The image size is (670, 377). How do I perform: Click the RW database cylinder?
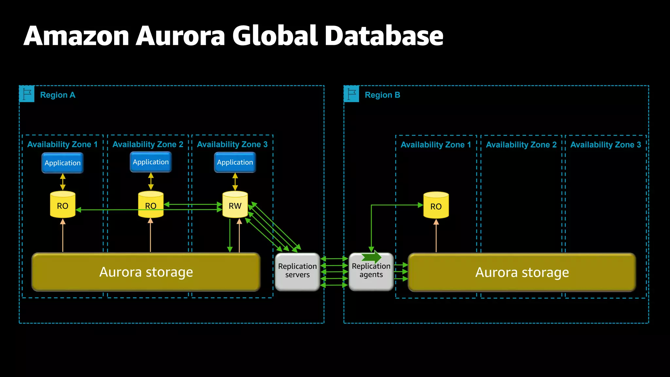point(235,205)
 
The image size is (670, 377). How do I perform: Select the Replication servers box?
point(297,271)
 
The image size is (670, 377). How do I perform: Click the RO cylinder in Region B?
point(436,206)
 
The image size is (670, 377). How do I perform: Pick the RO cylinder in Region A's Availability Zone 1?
point(62,205)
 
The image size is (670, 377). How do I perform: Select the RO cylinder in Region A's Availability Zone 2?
point(151,205)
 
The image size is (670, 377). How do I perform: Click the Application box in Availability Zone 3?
point(235,162)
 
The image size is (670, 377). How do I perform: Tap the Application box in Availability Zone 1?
point(62,163)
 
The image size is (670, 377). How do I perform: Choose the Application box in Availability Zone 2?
point(151,162)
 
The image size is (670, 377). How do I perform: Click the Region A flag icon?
point(27,94)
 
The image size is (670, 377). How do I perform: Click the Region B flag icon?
point(351,94)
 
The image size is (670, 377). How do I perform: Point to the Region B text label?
point(382,95)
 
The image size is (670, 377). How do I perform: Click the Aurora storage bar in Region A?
point(146,272)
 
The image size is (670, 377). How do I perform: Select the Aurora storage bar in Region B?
point(522,272)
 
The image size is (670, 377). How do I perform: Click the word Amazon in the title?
point(77,36)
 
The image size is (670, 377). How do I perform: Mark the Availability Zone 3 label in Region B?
point(606,145)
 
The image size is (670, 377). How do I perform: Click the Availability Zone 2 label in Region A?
point(148,144)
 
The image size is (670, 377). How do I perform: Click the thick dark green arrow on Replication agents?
point(372,257)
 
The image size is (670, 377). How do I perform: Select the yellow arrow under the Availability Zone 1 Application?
point(63,182)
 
